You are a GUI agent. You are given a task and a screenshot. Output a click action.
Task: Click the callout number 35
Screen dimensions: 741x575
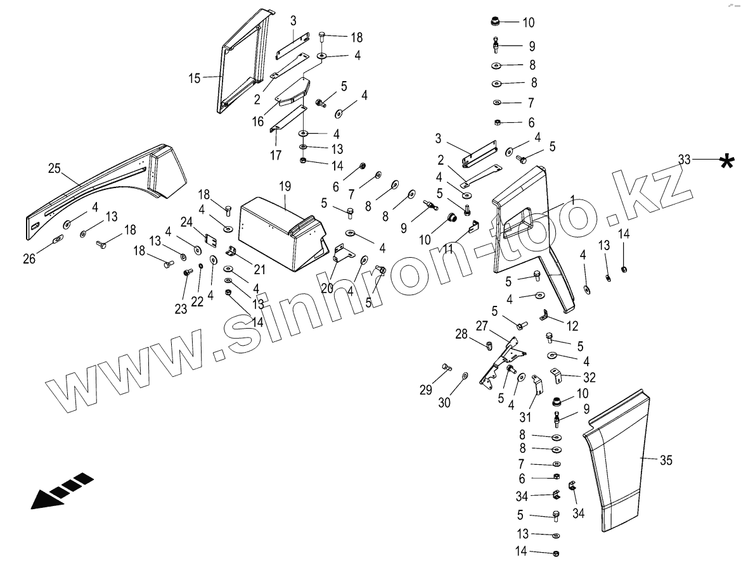(x=666, y=460)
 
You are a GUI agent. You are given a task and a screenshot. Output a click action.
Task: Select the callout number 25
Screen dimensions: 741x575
(x=55, y=168)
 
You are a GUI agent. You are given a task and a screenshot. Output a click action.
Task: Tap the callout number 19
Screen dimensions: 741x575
(x=285, y=186)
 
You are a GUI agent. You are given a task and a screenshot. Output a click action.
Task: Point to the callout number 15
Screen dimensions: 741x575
(x=194, y=79)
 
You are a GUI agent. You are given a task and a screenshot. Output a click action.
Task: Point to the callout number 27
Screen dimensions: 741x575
(x=482, y=325)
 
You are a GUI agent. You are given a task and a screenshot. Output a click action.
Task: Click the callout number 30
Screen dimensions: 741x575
(x=444, y=402)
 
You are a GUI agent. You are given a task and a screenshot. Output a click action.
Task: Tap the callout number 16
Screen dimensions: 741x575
(x=257, y=121)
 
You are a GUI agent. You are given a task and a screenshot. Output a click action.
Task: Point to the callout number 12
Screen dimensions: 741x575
(x=572, y=327)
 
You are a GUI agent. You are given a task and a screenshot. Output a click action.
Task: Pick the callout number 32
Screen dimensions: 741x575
(x=590, y=378)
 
